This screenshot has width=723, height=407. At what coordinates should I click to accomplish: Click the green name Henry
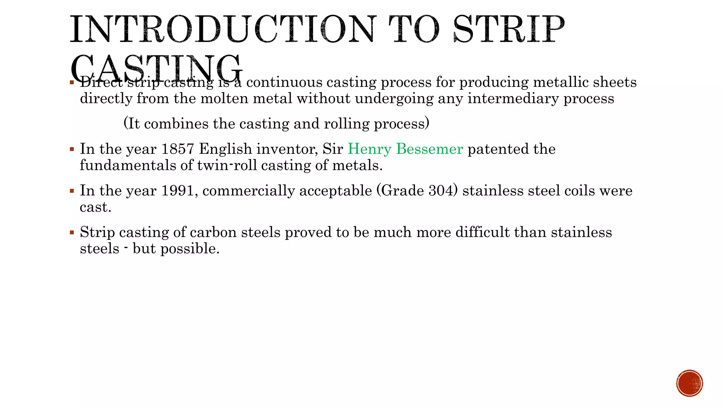pyautogui.click(x=369, y=149)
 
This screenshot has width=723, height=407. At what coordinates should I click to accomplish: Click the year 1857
pyautogui.click(x=178, y=149)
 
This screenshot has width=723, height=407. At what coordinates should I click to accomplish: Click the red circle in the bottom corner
pyautogui.click(x=689, y=383)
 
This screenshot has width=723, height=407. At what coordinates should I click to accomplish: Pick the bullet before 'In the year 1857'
pyautogui.click(x=72, y=149)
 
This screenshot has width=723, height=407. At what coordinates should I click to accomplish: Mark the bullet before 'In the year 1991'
pyautogui.click(x=72, y=191)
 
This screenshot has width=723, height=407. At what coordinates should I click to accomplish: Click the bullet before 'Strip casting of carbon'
pyautogui.click(x=72, y=232)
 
